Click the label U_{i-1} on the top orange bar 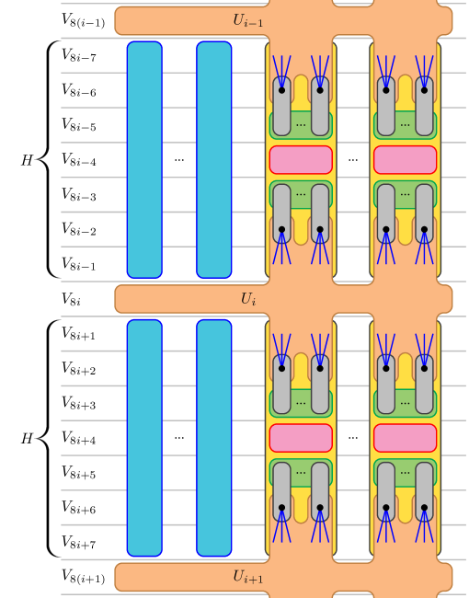click(x=247, y=20)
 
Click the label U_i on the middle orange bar click(x=247, y=299)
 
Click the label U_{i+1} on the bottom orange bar click(x=247, y=577)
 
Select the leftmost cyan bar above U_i click(x=144, y=159)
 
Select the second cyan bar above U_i click(x=214, y=159)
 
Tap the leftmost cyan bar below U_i click(x=144, y=438)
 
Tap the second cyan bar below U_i click(x=214, y=438)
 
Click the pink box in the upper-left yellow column click(x=301, y=159)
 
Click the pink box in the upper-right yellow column click(x=405, y=159)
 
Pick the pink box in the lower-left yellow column click(x=301, y=438)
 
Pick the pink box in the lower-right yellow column click(x=405, y=438)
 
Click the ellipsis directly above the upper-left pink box click(x=301, y=124)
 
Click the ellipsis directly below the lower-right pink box click(x=405, y=473)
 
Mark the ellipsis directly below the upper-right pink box click(x=405, y=194)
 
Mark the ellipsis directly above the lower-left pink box click(x=301, y=403)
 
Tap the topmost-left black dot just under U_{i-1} click(x=281, y=90)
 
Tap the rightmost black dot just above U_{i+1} click(x=424, y=508)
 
